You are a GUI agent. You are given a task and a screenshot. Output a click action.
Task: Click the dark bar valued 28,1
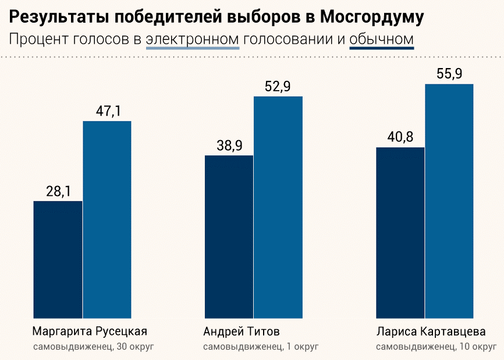point(58,259)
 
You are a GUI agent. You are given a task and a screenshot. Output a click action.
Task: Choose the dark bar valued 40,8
point(400,233)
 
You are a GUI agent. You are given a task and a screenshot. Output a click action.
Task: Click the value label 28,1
point(58,191)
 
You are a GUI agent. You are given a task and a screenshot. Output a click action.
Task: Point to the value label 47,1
point(108,111)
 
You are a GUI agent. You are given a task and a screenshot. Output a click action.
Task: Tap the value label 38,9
point(229,145)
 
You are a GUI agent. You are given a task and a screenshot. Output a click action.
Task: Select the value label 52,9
point(278,86)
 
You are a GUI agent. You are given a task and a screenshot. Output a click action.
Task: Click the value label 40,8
point(400,137)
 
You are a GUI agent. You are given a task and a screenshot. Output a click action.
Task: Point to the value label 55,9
point(449,74)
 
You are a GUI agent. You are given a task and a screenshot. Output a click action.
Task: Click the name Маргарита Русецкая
point(90,332)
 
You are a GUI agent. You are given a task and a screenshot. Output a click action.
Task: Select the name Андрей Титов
point(242,332)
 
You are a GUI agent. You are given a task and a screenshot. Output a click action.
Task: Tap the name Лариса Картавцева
point(431,332)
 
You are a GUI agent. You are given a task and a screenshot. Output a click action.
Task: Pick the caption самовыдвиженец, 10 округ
point(436,347)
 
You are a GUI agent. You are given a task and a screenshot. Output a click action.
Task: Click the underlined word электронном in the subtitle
point(193,40)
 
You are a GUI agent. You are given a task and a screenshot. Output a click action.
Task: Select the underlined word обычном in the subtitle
point(382,40)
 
